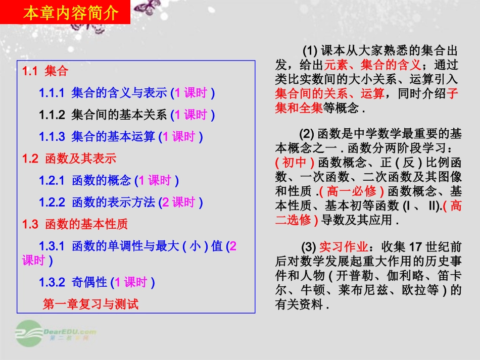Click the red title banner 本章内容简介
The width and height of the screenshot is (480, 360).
[70, 12]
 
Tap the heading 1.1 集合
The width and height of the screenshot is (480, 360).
[45, 71]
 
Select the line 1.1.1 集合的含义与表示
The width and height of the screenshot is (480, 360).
[127, 93]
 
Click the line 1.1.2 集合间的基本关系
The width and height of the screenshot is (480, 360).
[127, 115]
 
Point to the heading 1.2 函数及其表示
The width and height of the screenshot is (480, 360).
[69, 159]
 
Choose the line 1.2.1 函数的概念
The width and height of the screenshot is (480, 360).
[109, 180]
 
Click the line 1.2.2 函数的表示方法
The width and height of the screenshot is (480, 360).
[121, 202]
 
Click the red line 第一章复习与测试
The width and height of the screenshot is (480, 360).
[90, 303]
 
